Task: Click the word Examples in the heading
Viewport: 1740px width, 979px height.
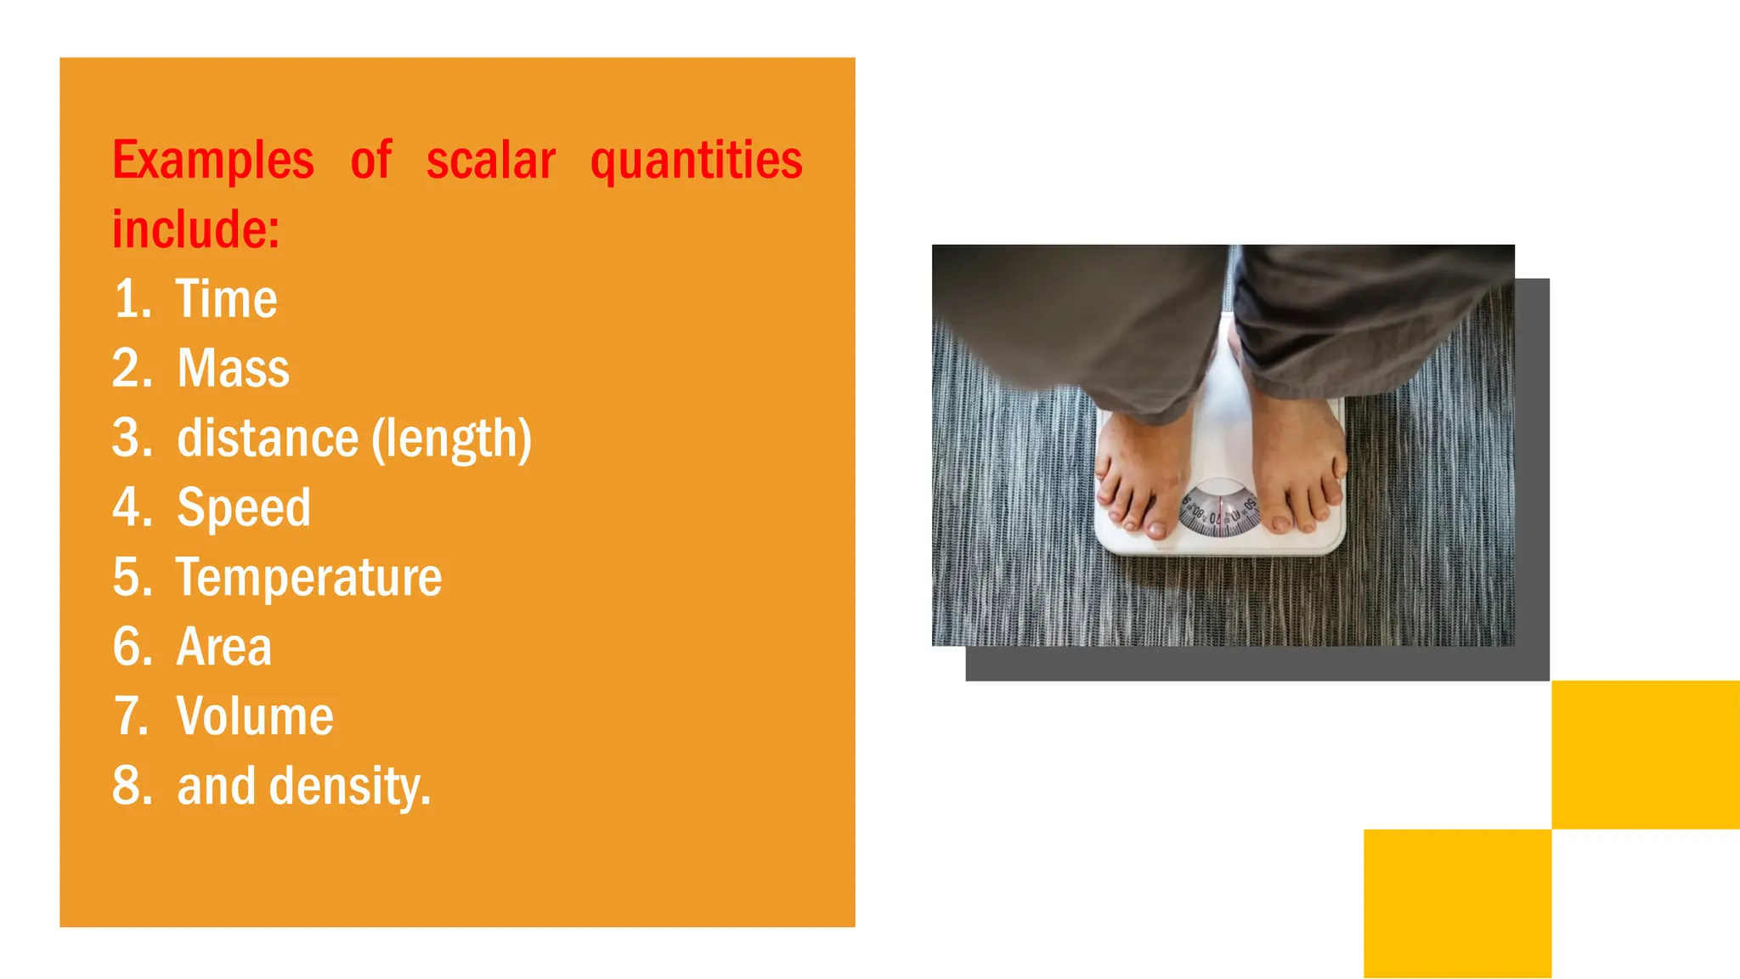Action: click(213, 161)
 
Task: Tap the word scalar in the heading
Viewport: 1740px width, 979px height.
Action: click(490, 161)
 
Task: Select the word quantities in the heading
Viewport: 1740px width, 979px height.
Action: click(696, 161)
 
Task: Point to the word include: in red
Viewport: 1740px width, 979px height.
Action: click(196, 229)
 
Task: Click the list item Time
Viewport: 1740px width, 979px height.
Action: click(226, 299)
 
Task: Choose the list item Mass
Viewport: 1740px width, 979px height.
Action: click(233, 369)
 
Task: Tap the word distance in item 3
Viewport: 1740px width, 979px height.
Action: click(268, 439)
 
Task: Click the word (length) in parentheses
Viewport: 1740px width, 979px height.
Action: click(452, 439)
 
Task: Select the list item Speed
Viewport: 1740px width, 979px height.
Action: click(244, 508)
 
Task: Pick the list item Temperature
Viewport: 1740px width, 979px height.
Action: click(308, 578)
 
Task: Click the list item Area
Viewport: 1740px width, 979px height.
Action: click(224, 648)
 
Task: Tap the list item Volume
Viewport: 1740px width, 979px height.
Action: click(255, 716)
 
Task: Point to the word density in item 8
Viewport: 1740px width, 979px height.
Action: click(349, 786)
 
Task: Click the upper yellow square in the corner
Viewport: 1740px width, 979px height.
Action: click(1645, 755)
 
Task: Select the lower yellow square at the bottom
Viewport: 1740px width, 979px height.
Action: click(1457, 903)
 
